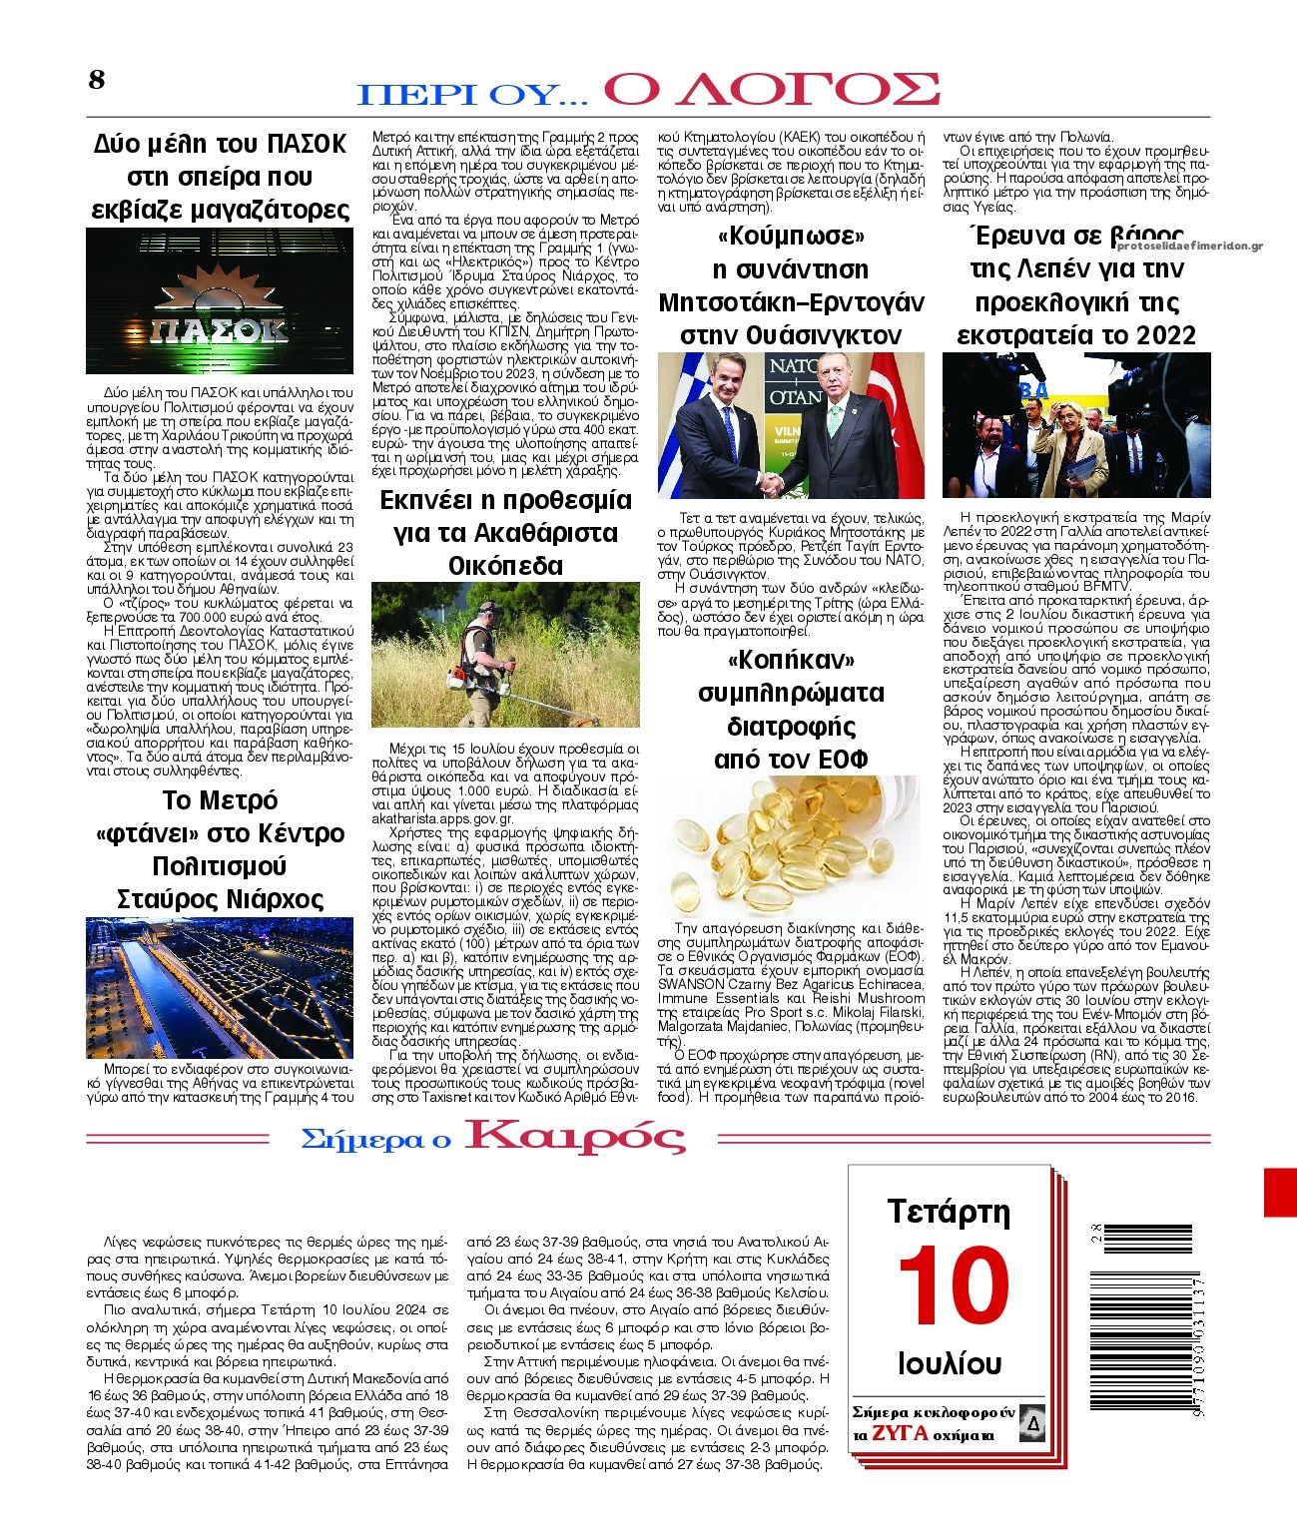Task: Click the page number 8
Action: pos(97,80)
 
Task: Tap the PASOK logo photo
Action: pos(219,301)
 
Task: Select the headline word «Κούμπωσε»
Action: pos(790,237)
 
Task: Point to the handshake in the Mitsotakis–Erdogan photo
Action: pos(770,484)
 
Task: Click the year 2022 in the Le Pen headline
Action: pos(1160,335)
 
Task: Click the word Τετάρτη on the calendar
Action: pos(949,1213)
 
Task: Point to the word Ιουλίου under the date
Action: pos(950,1363)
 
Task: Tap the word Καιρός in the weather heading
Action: pos(576,1137)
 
